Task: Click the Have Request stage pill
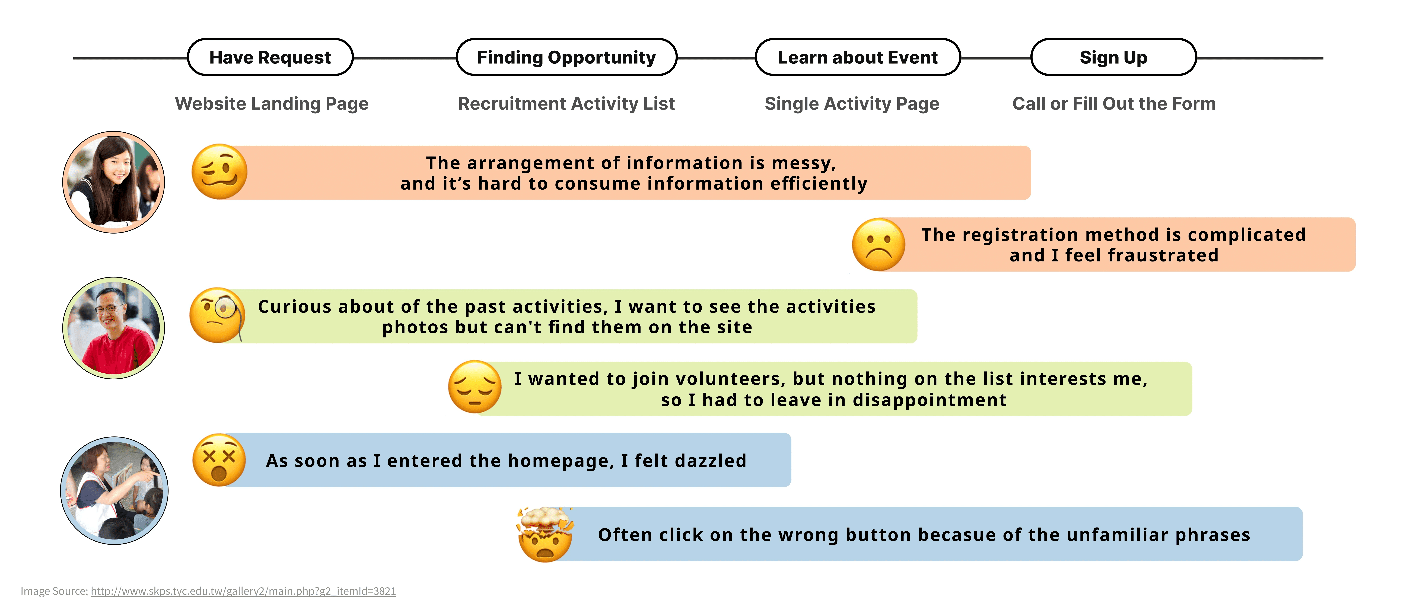point(270,57)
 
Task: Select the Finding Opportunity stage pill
point(566,57)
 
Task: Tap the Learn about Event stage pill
point(858,57)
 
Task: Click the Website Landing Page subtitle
point(271,104)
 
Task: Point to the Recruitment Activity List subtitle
point(566,104)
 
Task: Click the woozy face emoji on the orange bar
point(219,172)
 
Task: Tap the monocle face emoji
point(217,315)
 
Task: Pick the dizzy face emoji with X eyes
point(219,460)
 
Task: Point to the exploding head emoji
point(545,535)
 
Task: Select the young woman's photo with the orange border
point(114,182)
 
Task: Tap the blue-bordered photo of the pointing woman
point(114,490)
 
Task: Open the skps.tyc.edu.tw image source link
point(243,591)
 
